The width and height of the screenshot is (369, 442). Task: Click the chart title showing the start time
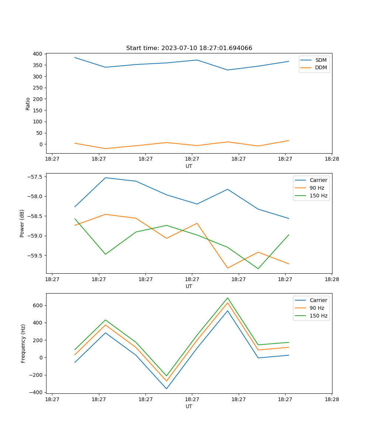[189, 48]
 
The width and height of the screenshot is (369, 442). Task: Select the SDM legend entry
[321, 60]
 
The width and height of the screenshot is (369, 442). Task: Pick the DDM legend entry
[321, 68]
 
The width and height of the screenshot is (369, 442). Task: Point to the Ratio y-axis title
[28, 104]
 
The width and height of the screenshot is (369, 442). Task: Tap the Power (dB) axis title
[22, 223]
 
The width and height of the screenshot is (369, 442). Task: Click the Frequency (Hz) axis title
[23, 343]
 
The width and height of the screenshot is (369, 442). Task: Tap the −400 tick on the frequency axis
[37, 392]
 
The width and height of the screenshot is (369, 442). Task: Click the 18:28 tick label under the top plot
[332, 159]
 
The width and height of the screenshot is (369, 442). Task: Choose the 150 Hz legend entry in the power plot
[318, 196]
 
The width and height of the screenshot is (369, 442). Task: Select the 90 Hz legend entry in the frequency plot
[317, 308]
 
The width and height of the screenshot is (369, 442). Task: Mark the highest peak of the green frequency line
[228, 298]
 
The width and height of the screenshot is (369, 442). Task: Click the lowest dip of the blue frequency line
[166, 389]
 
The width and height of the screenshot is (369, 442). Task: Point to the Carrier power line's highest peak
[106, 178]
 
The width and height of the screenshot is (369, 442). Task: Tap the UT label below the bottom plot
[189, 406]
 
